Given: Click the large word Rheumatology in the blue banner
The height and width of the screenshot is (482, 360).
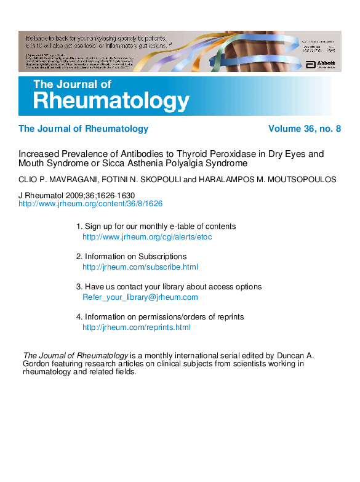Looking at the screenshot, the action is click(x=111, y=100).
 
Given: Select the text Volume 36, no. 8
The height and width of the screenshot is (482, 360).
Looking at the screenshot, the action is click(x=305, y=129).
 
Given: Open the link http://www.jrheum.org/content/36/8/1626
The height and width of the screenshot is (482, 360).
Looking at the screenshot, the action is click(x=90, y=203).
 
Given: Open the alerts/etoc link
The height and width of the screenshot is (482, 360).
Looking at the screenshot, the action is click(x=147, y=236).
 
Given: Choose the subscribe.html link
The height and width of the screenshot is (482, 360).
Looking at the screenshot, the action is click(x=140, y=267).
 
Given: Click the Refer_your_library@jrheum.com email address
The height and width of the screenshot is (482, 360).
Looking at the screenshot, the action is click(x=140, y=297).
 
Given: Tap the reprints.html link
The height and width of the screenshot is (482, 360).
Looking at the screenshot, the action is click(x=136, y=327).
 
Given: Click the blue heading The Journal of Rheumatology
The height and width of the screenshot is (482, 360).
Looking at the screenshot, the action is click(x=83, y=129).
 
